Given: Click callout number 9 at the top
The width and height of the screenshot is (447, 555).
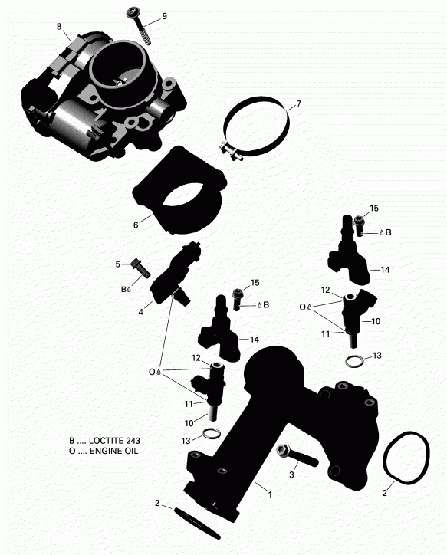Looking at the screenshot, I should tap(163, 17).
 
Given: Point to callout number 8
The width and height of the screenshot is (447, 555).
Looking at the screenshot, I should tap(59, 28).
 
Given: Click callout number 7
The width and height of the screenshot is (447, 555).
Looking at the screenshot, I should tap(298, 103).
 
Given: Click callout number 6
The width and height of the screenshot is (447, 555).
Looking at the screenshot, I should tap(135, 225).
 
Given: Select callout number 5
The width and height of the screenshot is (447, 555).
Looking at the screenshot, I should tap(119, 264).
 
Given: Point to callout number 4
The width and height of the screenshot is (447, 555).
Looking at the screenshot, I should tap(140, 312).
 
